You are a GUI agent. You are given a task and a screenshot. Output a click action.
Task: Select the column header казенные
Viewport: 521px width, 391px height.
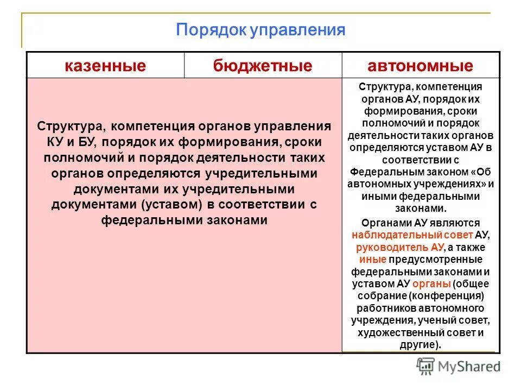coord(105,66)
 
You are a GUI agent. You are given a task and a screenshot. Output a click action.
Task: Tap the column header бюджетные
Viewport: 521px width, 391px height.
coord(263,66)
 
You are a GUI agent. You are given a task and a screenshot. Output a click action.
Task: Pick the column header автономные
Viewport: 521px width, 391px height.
coord(421,66)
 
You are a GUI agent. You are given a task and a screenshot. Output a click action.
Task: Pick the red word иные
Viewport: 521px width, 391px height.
coord(369,259)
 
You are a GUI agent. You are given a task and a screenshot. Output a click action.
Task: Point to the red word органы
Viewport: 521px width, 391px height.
coord(431,283)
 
